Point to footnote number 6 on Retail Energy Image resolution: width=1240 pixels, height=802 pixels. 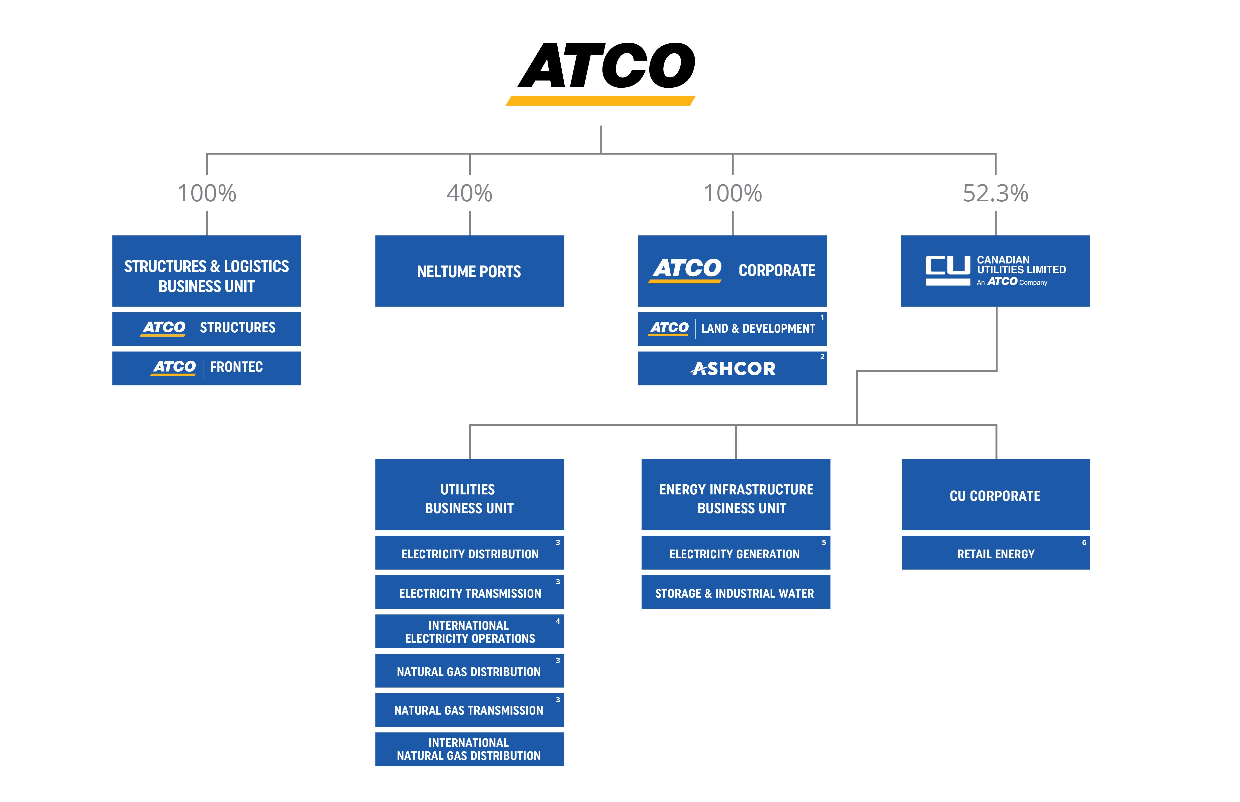(x=1084, y=543)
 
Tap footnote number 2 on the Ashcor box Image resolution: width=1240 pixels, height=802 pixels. (x=822, y=357)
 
